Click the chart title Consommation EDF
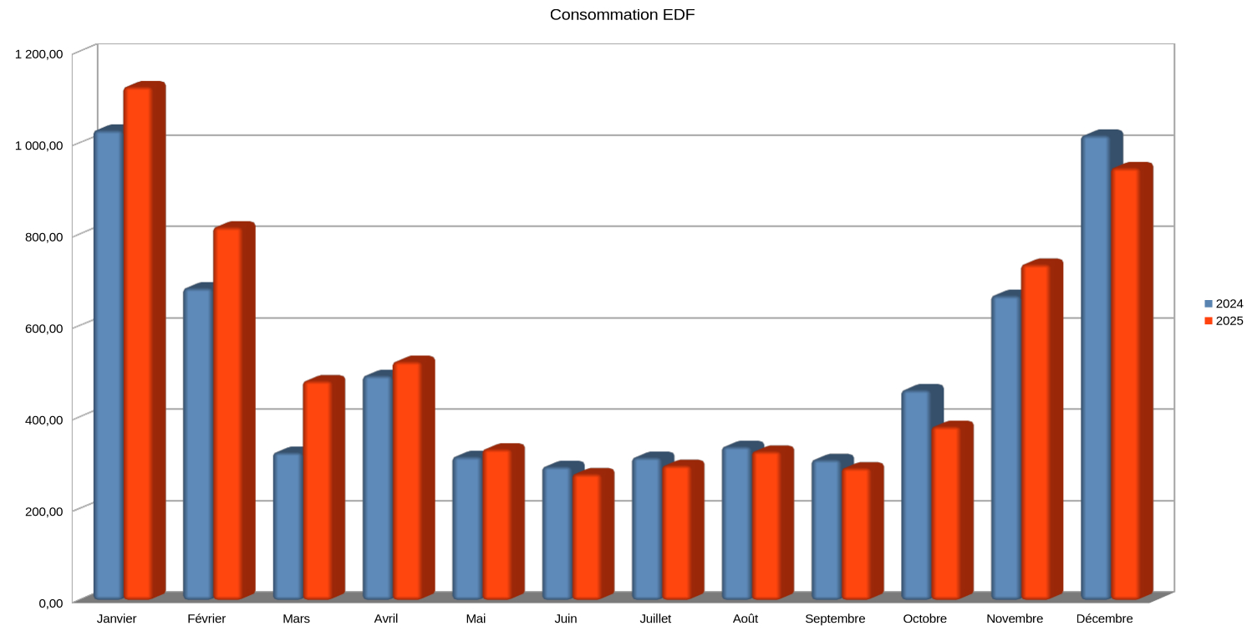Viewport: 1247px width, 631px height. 622,15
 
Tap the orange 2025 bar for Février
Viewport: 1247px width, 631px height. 227,413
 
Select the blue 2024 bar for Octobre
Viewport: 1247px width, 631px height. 916,494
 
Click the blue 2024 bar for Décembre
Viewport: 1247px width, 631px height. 1095,367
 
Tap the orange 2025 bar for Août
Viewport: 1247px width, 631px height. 766,526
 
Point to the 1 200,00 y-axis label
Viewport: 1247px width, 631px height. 39,54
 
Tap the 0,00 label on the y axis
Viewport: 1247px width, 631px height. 49,603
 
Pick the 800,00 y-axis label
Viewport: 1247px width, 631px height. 44,237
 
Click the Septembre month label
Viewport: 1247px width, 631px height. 835,619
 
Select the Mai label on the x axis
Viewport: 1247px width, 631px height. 476,619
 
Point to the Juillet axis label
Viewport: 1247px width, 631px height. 655,619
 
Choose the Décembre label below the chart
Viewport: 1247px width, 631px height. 1104,619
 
